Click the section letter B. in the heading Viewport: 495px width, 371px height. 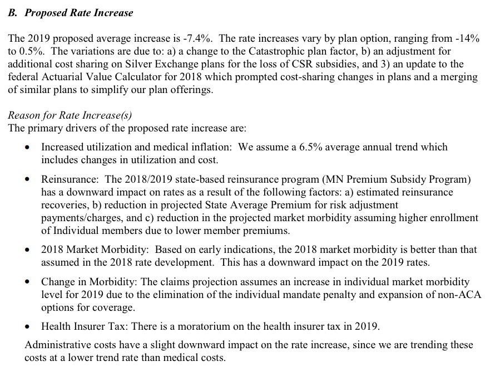pos(13,13)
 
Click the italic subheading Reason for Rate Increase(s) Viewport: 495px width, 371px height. pos(70,115)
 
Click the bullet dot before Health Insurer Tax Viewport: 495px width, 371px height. pos(28,326)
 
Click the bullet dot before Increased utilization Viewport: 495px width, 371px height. pos(28,148)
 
